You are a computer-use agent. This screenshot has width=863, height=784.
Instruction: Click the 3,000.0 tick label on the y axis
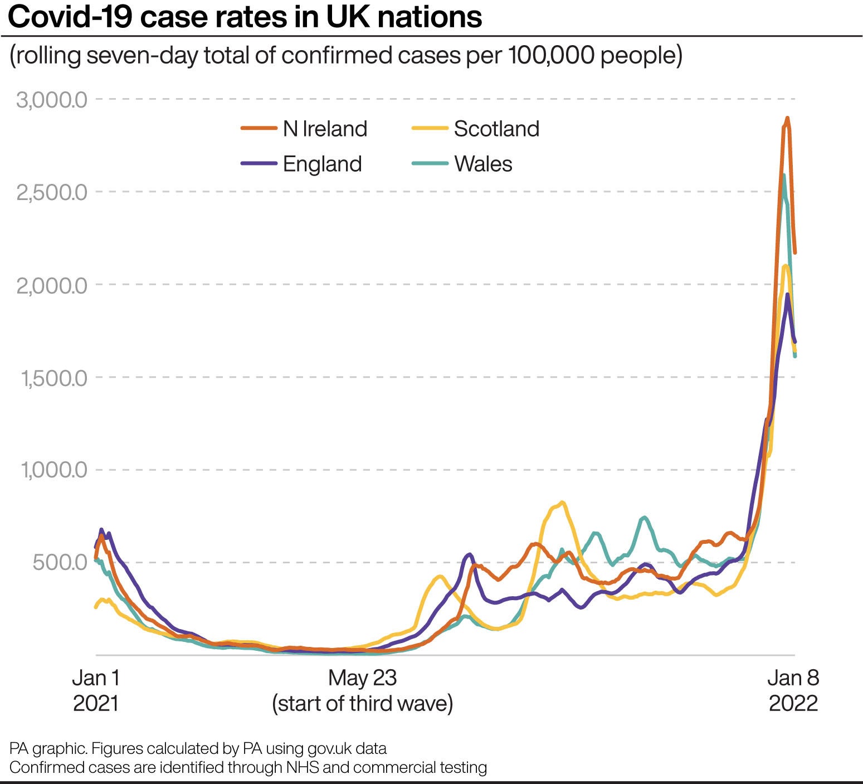pyautogui.click(x=52, y=100)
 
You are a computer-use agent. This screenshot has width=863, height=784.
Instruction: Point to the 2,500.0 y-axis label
pyautogui.click(x=52, y=193)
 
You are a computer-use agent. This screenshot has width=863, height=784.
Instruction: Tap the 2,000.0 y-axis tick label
pyautogui.click(x=52, y=286)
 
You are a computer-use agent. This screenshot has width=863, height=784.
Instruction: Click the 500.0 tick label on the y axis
pyautogui.click(x=60, y=562)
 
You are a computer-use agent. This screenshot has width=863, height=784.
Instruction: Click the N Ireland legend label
pyautogui.click(x=325, y=129)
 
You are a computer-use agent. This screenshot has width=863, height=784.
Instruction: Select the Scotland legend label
pyautogui.click(x=496, y=129)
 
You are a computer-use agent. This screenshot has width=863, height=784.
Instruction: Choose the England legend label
pyautogui.click(x=322, y=164)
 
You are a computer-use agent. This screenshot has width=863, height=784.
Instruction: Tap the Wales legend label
pyautogui.click(x=483, y=164)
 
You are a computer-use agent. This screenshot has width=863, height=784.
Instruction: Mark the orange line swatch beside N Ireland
pyautogui.click(x=259, y=129)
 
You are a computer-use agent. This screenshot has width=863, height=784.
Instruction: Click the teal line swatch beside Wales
pyautogui.click(x=430, y=164)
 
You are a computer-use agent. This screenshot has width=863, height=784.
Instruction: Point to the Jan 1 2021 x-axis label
pyautogui.click(x=96, y=690)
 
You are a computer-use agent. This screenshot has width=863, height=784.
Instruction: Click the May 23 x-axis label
pyautogui.click(x=362, y=678)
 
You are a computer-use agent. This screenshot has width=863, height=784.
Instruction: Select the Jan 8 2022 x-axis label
pyautogui.click(x=793, y=690)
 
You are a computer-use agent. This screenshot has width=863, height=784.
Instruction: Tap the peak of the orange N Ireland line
pyautogui.click(x=787, y=118)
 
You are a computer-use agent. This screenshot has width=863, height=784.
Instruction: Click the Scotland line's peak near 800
pyautogui.click(x=563, y=503)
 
